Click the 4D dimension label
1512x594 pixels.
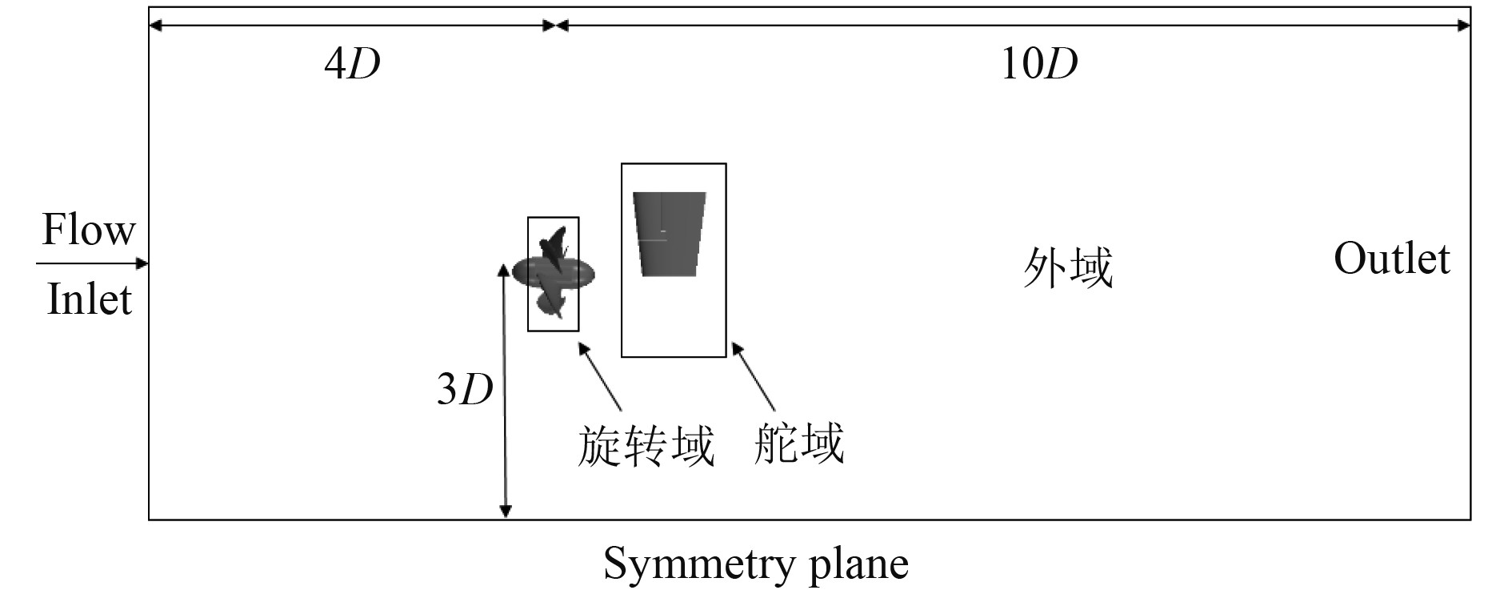(352, 63)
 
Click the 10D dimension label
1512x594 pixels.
(1038, 63)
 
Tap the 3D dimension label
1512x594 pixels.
(464, 390)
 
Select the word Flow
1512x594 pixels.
(88, 231)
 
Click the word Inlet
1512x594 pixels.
(89, 300)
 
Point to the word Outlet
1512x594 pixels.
(1391, 259)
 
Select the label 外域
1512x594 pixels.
(1068, 267)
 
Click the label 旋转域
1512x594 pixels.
(646, 446)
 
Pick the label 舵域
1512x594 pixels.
(798, 443)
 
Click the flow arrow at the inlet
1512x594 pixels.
(92, 263)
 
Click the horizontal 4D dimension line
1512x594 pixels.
(352, 26)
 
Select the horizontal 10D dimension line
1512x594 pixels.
(1012, 26)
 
